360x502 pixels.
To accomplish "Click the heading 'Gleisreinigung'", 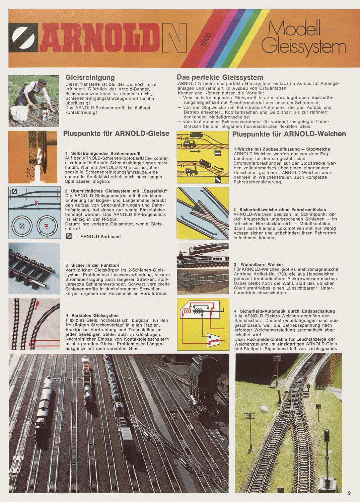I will point(90,78).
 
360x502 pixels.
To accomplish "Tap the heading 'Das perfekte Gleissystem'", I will point(220,77).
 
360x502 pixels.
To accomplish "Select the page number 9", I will point(349,493).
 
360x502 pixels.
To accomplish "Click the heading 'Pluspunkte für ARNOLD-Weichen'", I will point(289,134).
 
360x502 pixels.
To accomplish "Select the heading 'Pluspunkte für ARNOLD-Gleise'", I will point(116,134).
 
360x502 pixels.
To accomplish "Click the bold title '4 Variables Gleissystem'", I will point(92,315).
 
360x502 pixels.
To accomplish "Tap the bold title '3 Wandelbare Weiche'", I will point(258,264).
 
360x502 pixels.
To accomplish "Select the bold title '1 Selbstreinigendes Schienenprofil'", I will point(103,153).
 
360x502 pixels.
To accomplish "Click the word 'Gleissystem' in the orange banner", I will point(303,47).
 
